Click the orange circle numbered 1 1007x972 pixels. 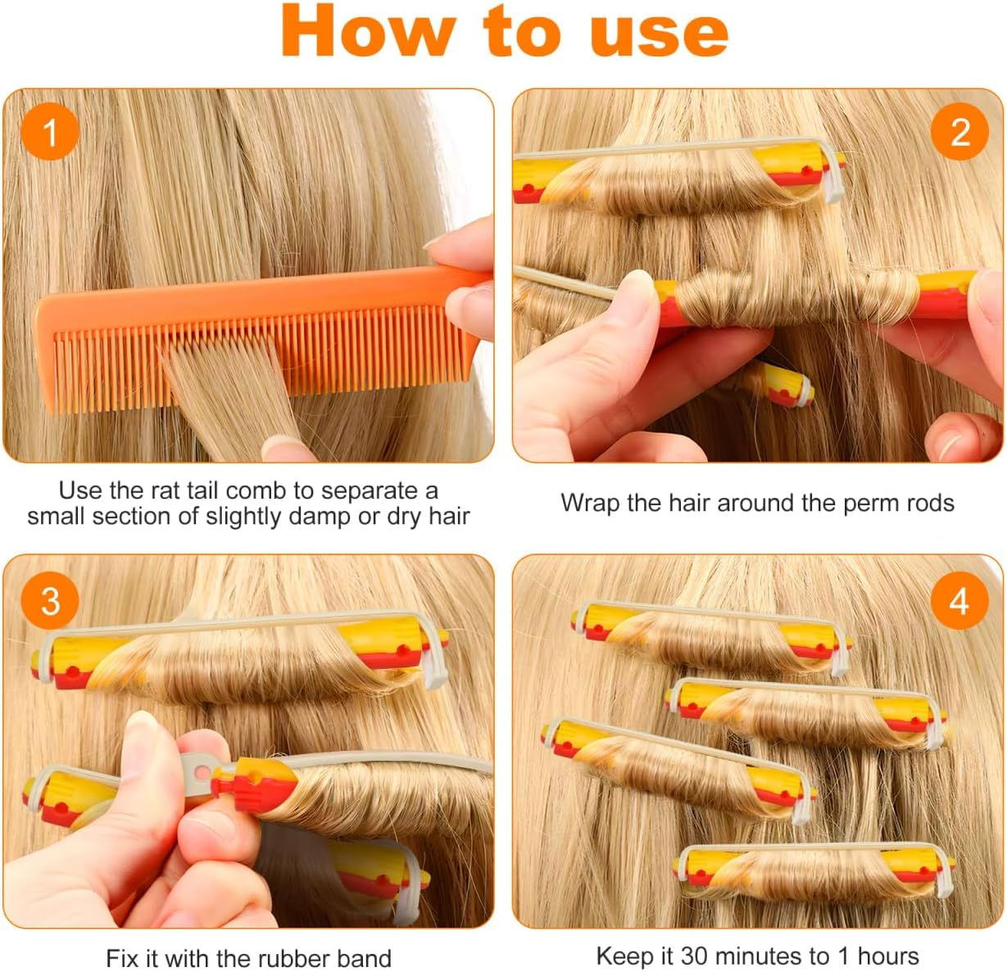pyautogui.click(x=50, y=132)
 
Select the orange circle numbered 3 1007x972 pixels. pyautogui.click(x=50, y=601)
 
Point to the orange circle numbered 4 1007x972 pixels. pyautogui.click(x=959, y=601)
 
